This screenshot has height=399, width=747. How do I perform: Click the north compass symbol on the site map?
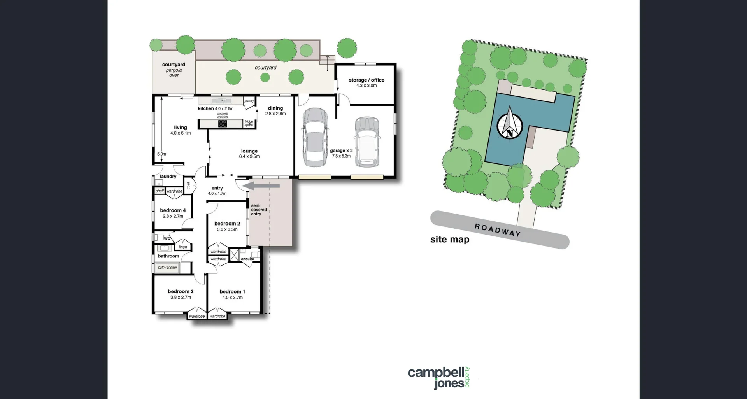click(510, 124)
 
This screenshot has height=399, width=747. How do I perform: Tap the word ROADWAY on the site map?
click(497, 230)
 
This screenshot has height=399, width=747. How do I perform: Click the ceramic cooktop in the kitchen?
click(222, 124)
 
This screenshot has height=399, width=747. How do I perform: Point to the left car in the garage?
click(315, 137)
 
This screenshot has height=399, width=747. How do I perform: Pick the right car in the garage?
click(367, 142)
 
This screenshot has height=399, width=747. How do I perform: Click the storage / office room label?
click(366, 80)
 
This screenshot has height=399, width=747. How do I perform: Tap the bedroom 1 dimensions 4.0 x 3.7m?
click(232, 297)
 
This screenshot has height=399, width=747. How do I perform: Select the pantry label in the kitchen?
click(249, 101)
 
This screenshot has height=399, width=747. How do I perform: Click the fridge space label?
click(249, 123)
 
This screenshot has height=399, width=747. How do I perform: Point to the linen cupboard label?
click(183, 247)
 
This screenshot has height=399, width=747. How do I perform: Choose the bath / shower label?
click(167, 268)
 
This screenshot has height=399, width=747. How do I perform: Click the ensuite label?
click(247, 259)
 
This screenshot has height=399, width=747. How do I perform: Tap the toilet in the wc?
click(158, 237)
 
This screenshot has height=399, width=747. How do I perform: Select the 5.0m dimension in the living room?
click(161, 154)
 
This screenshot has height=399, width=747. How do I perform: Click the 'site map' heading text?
click(450, 240)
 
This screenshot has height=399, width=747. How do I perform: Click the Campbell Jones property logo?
click(439, 377)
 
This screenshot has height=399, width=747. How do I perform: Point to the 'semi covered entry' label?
click(258, 210)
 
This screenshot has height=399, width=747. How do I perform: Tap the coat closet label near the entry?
click(188, 185)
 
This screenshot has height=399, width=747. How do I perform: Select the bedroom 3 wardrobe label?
click(197, 316)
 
